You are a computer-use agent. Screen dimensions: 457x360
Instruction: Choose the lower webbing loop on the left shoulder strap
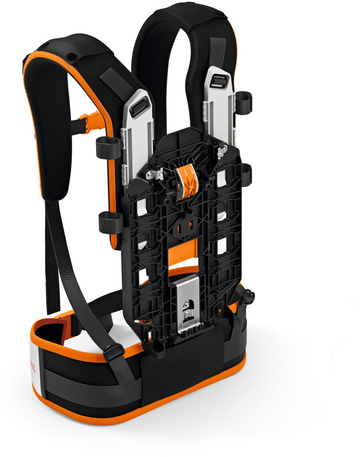point(110,222)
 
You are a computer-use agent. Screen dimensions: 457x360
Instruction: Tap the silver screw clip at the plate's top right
point(220,151)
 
